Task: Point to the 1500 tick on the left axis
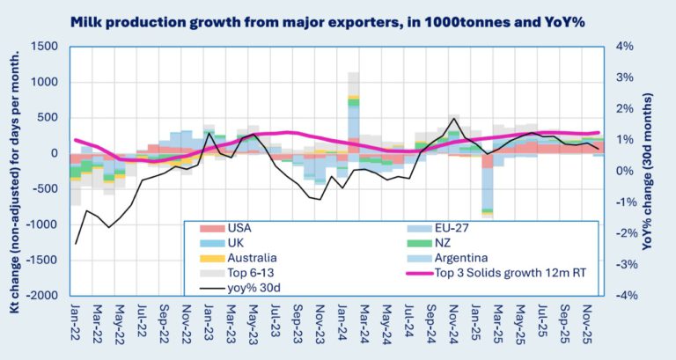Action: click(44, 47)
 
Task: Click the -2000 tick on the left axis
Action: click(41, 296)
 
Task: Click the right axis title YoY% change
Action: click(661, 172)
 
